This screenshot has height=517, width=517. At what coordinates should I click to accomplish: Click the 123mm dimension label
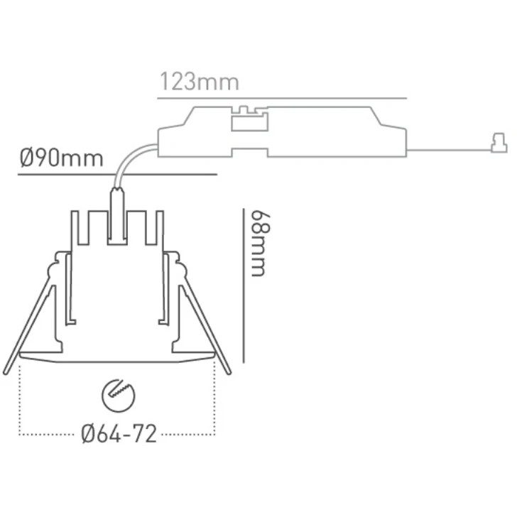[x=199, y=82]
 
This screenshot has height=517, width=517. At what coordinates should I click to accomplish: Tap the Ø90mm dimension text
[x=61, y=158]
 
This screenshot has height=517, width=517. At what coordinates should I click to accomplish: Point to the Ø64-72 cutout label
[x=119, y=434]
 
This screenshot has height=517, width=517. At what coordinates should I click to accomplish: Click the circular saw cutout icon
[x=119, y=396]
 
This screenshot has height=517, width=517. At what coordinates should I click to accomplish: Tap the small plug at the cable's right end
[x=499, y=143]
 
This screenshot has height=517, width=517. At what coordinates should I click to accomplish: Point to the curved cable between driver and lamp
[x=129, y=162]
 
